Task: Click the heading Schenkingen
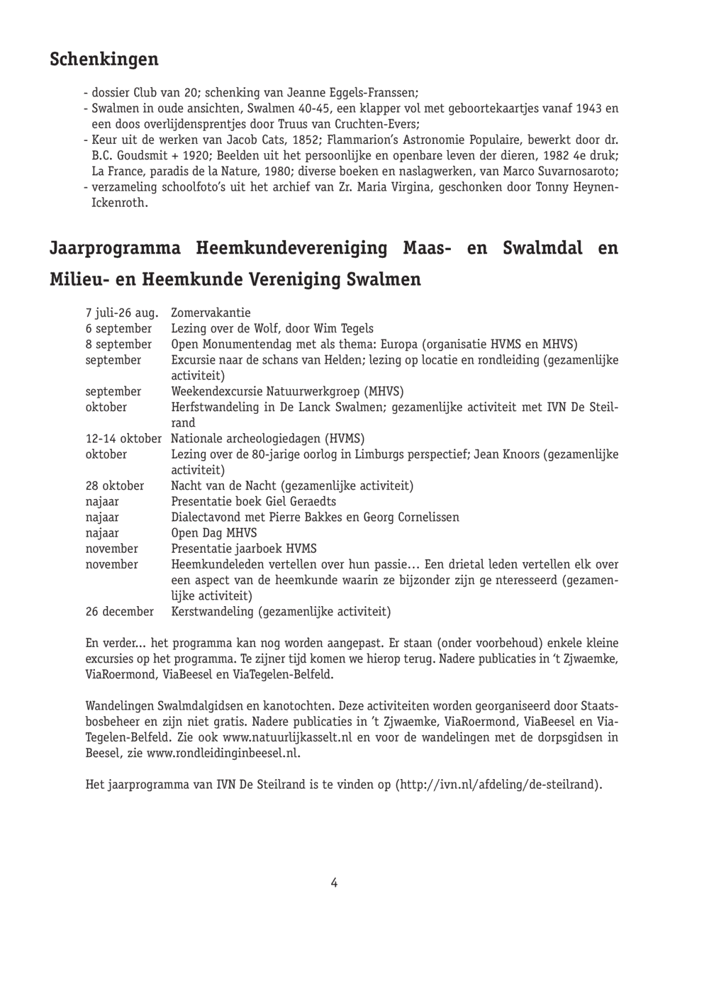[x=104, y=60]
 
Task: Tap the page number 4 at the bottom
[x=334, y=882]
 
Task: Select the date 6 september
[x=118, y=329]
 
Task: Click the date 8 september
[x=118, y=344]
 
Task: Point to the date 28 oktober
[x=115, y=486]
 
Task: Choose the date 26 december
[x=119, y=612]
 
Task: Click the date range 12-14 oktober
[x=123, y=439]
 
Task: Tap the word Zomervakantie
[x=211, y=313]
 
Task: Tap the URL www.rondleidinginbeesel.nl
[x=223, y=753]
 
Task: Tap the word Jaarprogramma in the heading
[x=114, y=249]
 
